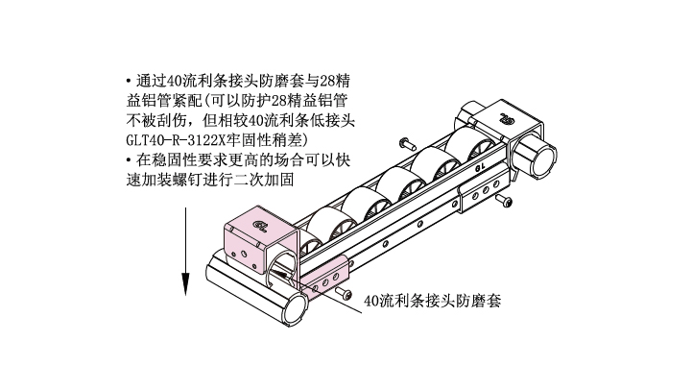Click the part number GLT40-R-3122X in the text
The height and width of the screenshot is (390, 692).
pos(176,140)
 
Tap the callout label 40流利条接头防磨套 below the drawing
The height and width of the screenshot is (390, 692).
pos(432,301)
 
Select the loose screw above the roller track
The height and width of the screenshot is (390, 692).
pos(407,143)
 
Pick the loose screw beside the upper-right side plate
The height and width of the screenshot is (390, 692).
pos(503,201)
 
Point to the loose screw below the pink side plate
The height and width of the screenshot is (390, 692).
pos(344,293)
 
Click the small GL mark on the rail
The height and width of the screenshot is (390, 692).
pos(480,168)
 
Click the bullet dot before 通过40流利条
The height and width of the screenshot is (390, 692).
pos(129,81)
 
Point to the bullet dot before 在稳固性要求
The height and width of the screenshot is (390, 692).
pos(129,159)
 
